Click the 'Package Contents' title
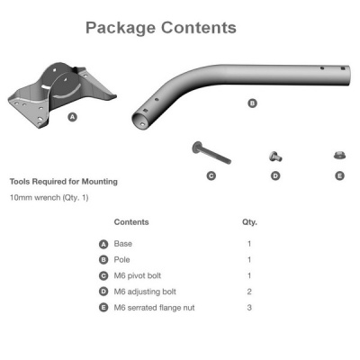pyautogui.click(x=161, y=28)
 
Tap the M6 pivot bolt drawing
pyautogui.click(x=211, y=152)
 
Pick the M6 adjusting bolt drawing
pyautogui.click(x=275, y=157)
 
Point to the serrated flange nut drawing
pyautogui.click(x=339, y=157)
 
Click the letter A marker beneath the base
pyautogui.click(x=72, y=117)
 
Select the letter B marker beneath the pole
pyautogui.click(x=252, y=103)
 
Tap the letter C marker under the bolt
pyautogui.click(x=211, y=175)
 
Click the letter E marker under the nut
pyautogui.click(x=339, y=175)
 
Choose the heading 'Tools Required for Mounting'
pyautogui.click(x=63, y=181)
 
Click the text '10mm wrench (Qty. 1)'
pyautogui.click(x=49, y=197)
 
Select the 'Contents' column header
pyautogui.click(x=131, y=221)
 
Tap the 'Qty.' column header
pyautogui.click(x=249, y=221)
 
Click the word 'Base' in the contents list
pyautogui.click(x=123, y=243)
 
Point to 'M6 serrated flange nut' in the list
pyautogui.click(x=155, y=308)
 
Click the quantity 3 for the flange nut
pyautogui.click(x=249, y=308)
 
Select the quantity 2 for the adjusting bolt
pyautogui.click(x=249, y=292)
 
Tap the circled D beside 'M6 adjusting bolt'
pyautogui.click(x=103, y=292)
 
